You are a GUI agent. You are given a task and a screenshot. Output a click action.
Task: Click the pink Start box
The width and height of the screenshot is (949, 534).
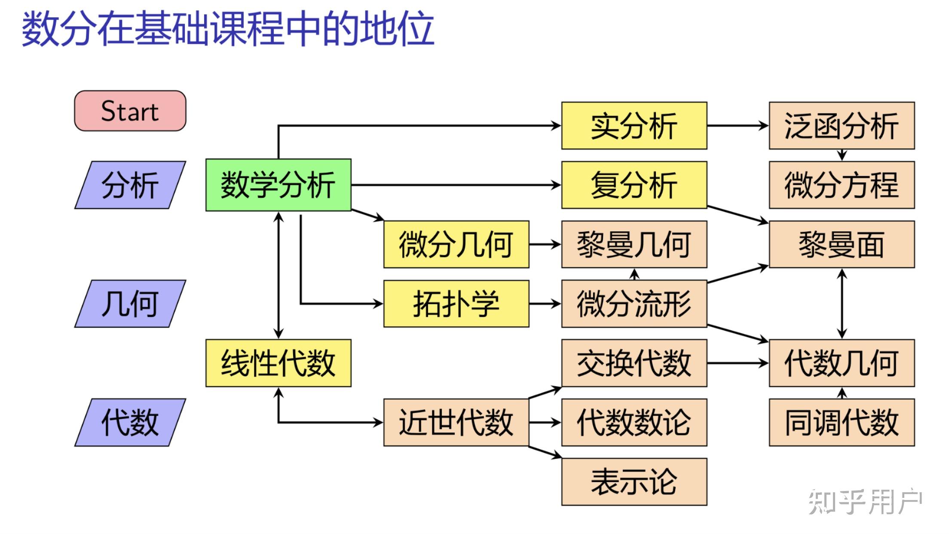tap(130, 111)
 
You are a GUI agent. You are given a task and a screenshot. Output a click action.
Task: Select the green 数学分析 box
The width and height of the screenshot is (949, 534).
tap(278, 185)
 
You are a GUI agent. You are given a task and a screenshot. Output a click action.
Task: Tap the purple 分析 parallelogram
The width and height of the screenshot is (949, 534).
tap(130, 185)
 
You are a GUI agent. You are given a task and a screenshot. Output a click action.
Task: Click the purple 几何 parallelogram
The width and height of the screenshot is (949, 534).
tap(130, 304)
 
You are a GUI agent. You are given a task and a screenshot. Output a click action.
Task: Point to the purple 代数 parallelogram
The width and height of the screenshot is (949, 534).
tap(130, 422)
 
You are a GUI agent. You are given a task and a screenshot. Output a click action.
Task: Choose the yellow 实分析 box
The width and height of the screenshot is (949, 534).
tap(634, 126)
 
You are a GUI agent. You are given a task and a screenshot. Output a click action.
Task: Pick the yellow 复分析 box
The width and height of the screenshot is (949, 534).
tap(634, 185)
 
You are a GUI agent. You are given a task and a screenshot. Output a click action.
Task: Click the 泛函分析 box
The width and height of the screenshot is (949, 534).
tap(842, 126)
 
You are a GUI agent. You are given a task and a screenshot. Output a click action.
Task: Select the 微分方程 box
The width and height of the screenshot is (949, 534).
tap(842, 185)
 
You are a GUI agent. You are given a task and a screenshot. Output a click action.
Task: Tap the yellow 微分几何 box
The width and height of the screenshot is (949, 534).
tap(456, 244)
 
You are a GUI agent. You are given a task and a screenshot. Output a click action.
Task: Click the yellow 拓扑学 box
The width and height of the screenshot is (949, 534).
tap(456, 304)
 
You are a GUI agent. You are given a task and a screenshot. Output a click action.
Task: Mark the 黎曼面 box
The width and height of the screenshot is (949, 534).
tap(842, 244)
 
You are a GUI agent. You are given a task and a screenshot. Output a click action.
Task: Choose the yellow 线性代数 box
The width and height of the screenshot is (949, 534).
tap(278, 363)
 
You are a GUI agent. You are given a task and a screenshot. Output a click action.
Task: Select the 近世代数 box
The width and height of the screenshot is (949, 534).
tap(456, 422)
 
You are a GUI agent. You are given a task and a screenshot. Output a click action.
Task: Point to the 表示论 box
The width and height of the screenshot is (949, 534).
tap(634, 482)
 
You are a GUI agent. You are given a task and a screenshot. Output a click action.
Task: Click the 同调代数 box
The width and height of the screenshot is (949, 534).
tap(842, 422)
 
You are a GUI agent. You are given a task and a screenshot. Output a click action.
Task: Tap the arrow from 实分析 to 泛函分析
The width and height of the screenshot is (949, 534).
tap(738, 126)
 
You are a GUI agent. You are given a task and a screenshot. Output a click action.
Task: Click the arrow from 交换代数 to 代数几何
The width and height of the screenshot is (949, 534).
tap(738, 363)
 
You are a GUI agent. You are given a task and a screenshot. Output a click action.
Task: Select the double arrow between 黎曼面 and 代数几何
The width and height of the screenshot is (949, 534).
tap(842, 304)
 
